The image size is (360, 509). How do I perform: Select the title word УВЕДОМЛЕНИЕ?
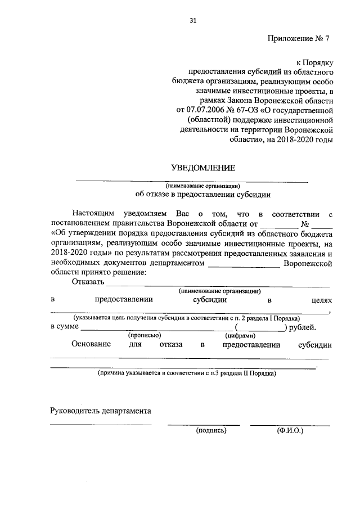[x=202, y=167]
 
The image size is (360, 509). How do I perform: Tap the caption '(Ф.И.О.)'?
[x=290, y=431]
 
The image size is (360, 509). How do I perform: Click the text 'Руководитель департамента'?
[x=100, y=411]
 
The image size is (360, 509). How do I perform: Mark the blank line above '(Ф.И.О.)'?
[x=290, y=424]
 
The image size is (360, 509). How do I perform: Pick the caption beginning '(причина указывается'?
[x=186, y=373]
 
